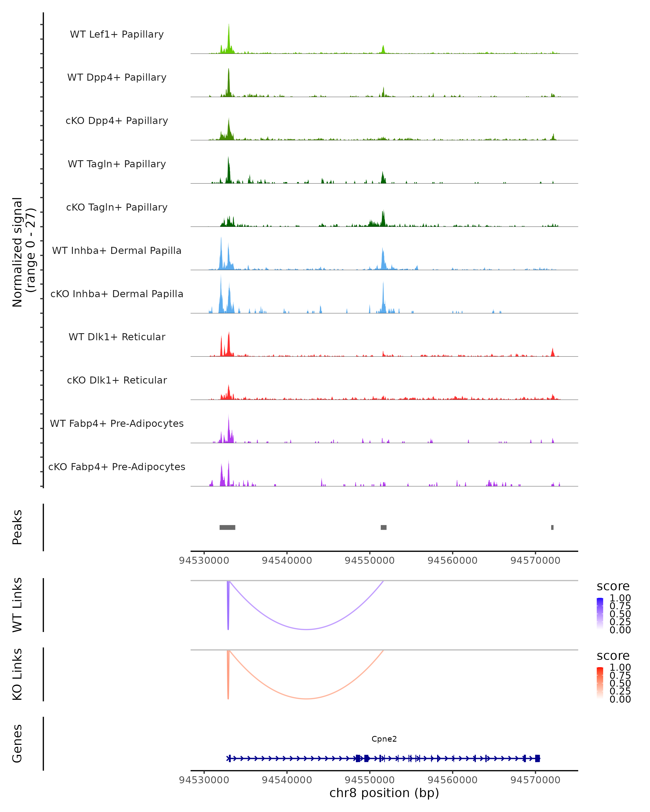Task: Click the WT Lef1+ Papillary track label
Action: coord(117,34)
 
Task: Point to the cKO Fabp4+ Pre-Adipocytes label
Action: coord(117,467)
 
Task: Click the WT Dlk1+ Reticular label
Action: coord(117,337)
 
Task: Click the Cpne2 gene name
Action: coord(384,739)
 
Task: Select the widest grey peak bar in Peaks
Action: coord(227,527)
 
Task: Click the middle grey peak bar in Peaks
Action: coord(383,527)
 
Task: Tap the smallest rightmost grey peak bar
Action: coord(552,527)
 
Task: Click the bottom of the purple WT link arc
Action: coord(307,629)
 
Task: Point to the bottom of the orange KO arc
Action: coord(307,699)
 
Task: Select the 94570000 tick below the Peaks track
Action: coord(535,561)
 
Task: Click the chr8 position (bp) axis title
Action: coord(384,793)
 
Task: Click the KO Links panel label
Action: coord(17,674)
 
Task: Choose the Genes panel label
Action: coord(17,744)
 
